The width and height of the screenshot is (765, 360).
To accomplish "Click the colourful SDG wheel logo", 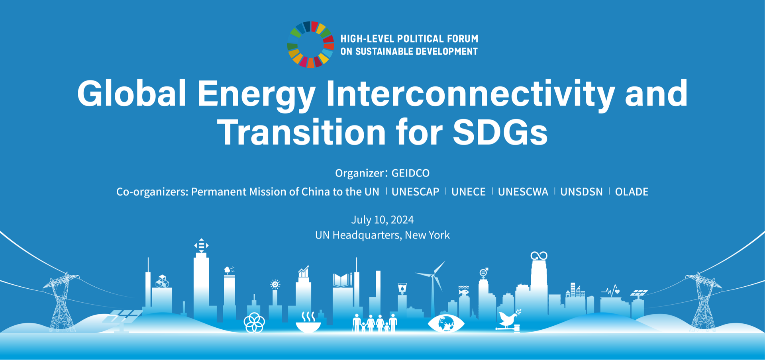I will tap(310, 45).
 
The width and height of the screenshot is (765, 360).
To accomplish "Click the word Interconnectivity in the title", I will tap(470, 94).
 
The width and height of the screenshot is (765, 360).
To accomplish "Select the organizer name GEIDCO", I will tap(410, 173).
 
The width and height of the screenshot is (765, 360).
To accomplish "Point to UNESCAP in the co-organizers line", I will tap(415, 192).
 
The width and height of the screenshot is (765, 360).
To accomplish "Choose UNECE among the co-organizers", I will tap(468, 192).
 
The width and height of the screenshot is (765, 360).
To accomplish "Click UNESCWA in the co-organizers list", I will tap(523, 192).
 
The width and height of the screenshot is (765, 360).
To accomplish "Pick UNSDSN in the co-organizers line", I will tap(581, 192).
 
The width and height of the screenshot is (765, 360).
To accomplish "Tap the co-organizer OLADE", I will tap(632, 192).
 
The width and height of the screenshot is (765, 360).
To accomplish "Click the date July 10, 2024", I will tap(382, 220).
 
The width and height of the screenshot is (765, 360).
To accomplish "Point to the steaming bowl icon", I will tap(308, 323).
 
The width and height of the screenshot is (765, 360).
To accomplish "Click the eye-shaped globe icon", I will tap(446, 323).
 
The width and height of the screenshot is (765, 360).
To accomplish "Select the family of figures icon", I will tap(375, 323).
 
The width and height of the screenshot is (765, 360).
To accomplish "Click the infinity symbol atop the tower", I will tap(539, 256).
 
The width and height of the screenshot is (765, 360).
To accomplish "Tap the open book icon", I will tap(341, 280).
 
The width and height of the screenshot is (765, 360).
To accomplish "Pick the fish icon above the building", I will tap(463, 291).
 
